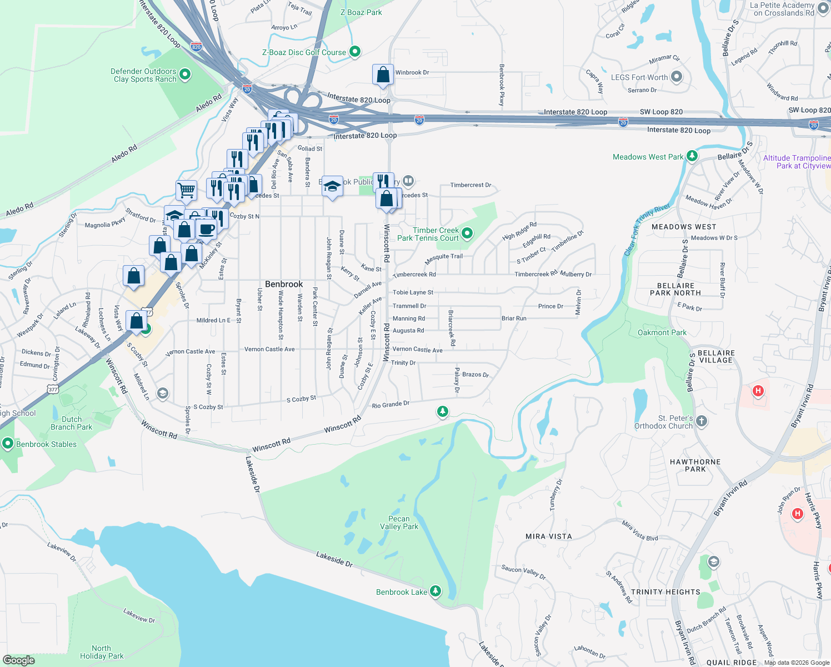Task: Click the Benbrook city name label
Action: pyautogui.click(x=284, y=284)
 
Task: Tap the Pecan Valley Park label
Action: pyautogui.click(x=399, y=522)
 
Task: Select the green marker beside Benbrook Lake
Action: pyautogui.click(x=435, y=591)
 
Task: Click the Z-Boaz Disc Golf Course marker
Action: pyautogui.click(x=355, y=52)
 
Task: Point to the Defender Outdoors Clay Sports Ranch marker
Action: pyautogui.click(x=185, y=74)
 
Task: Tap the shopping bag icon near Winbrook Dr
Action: pyautogui.click(x=383, y=74)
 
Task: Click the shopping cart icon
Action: pyautogui.click(x=187, y=190)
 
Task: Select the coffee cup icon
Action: pyautogui.click(x=206, y=229)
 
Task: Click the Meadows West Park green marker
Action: pyautogui.click(x=692, y=156)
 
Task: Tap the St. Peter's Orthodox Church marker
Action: pyautogui.click(x=702, y=421)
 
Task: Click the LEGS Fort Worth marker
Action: pyautogui.click(x=676, y=77)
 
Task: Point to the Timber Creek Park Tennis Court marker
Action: pyautogui.click(x=467, y=233)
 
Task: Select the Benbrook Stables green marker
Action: pyautogui.click(x=8, y=444)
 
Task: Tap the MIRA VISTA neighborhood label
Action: pyautogui.click(x=548, y=536)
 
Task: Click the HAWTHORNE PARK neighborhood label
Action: pyautogui.click(x=695, y=465)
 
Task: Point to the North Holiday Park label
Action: pyautogui.click(x=102, y=652)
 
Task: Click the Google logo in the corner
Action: pyautogui.click(x=19, y=660)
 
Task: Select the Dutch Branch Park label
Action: pyautogui.click(x=71, y=423)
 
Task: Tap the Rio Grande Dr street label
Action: pyautogui.click(x=391, y=405)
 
